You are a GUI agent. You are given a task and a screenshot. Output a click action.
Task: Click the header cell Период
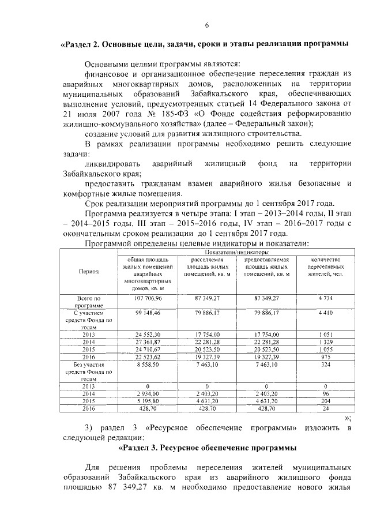click(x=89, y=271)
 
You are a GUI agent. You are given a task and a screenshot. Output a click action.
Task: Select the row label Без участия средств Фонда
click(x=89, y=371)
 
